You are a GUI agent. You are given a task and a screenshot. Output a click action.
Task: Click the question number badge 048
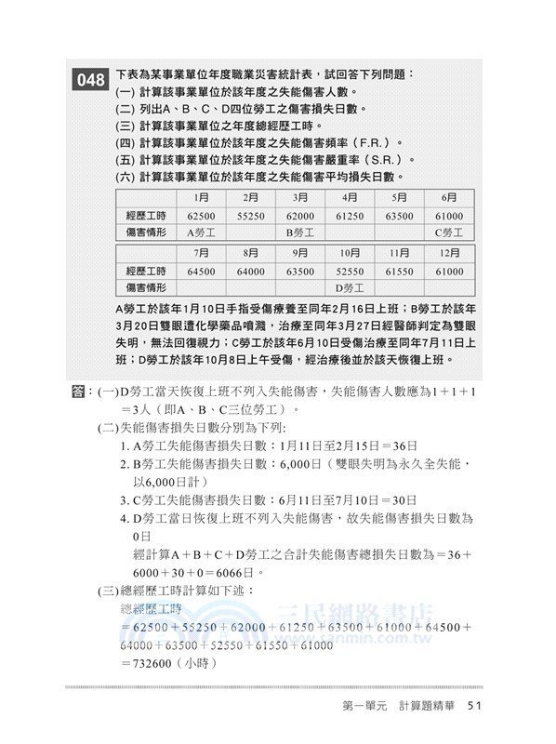click(91, 80)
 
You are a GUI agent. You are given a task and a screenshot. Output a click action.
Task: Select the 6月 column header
click(449, 197)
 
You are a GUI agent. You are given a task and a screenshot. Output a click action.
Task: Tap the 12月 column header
click(449, 253)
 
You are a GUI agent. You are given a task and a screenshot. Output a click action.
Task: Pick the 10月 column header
click(350, 253)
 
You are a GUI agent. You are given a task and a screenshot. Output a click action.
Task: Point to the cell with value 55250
click(250, 215)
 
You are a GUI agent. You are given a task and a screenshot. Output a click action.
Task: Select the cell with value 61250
click(350, 215)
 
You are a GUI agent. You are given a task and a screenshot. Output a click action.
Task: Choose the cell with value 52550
click(350, 271)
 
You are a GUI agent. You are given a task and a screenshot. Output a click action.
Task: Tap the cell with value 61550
click(400, 271)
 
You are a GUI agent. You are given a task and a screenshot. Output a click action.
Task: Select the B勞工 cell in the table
click(300, 232)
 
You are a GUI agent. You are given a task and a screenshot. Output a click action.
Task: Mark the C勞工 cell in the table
click(449, 232)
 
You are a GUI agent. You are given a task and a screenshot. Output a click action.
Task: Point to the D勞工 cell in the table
click(350, 288)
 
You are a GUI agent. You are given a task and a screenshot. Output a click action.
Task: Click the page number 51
click(474, 707)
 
